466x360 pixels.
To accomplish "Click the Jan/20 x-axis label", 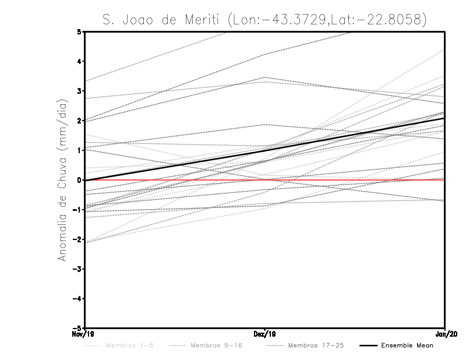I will (x=444, y=334).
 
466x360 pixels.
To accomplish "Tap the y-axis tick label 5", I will (x=79, y=31).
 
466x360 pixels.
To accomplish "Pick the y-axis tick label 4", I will (x=79, y=61).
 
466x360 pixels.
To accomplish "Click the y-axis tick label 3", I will (x=79, y=91).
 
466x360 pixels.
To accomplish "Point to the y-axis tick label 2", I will (x=79, y=121).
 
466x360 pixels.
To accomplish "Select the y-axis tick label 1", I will (x=79, y=150).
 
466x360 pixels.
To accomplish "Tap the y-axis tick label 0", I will (x=79, y=180).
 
